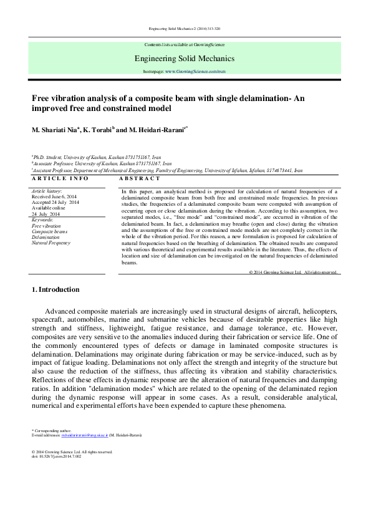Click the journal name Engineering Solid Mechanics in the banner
coord(185,59)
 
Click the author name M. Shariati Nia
coord(59,130)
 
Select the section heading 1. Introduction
coord(55,289)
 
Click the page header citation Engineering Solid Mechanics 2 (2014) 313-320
coord(185,29)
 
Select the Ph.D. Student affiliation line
coord(95,158)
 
